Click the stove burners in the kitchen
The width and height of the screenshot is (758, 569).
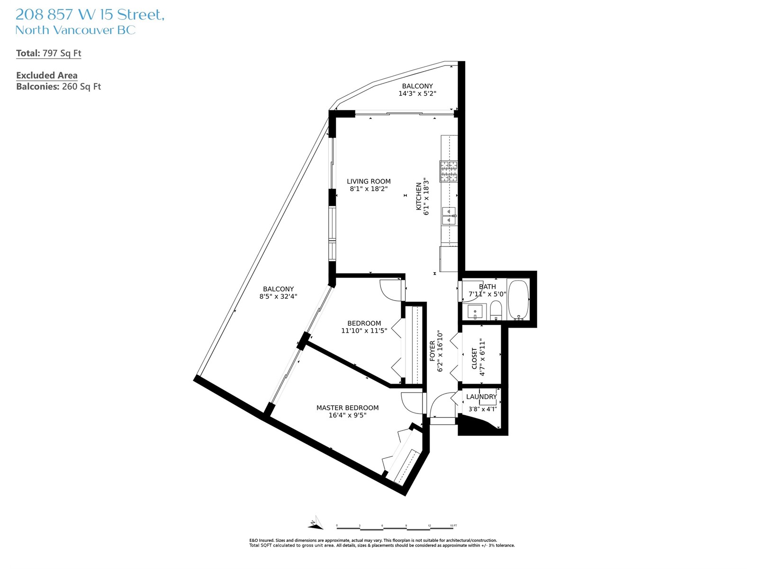click(x=448, y=171)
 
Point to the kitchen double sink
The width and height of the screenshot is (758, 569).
click(x=449, y=216)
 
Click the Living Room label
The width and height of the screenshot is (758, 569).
click(x=369, y=182)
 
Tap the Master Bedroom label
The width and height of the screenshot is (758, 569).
click(x=347, y=408)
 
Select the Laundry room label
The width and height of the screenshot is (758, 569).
click(x=481, y=396)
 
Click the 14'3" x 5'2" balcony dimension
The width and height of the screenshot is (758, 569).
click(x=417, y=93)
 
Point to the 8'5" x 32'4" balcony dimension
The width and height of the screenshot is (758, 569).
click(x=279, y=296)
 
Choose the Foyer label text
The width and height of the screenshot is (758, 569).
click(x=433, y=351)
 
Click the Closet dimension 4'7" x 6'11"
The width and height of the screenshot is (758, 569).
click(x=482, y=357)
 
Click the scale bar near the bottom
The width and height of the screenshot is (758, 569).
click(x=397, y=528)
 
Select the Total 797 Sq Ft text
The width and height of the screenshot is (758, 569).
click(x=49, y=53)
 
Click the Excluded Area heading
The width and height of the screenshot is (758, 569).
click(x=46, y=75)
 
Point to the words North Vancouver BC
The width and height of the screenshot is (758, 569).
click(x=75, y=30)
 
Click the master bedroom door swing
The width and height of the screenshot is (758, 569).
click(x=412, y=403)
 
